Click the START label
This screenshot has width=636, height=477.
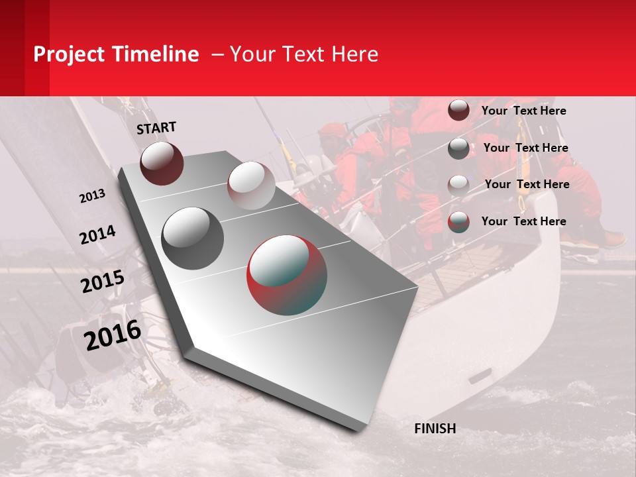point(156,127)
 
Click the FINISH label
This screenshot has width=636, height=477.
point(435,429)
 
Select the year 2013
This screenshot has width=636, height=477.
point(92,196)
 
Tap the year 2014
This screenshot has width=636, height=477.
point(97,235)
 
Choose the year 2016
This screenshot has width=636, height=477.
point(113,335)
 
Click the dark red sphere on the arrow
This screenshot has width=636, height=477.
point(162,163)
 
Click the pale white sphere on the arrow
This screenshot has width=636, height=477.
point(250,185)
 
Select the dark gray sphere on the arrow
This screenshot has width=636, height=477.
point(192,238)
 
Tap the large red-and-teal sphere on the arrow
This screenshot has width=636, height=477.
point(287,274)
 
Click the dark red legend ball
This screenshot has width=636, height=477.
point(458,110)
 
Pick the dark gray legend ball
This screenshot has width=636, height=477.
point(458,148)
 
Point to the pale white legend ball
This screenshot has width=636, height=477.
point(458,185)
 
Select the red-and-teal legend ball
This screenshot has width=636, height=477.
point(458,221)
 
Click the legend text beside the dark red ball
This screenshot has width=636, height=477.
point(523,111)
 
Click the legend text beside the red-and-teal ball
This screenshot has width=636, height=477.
point(523,221)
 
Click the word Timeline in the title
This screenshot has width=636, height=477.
point(156,54)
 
